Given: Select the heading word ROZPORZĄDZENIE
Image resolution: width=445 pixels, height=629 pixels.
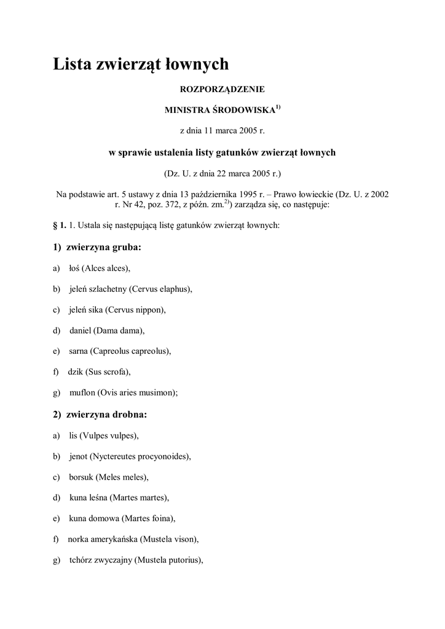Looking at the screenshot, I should point(222,90).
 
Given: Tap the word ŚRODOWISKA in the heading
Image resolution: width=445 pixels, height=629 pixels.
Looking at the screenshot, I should point(242,111).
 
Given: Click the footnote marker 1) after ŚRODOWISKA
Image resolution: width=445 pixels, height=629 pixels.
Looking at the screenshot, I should point(278,108).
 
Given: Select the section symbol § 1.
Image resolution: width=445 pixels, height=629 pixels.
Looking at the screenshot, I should point(59,225).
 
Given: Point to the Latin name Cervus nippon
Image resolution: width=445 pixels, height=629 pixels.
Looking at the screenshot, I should point(136,310).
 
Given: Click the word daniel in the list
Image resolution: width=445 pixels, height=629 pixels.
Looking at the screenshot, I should point(80,330).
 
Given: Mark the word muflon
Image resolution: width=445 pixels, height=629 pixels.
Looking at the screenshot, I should point(82,393).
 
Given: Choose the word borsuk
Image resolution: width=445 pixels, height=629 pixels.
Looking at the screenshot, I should point(82,477).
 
